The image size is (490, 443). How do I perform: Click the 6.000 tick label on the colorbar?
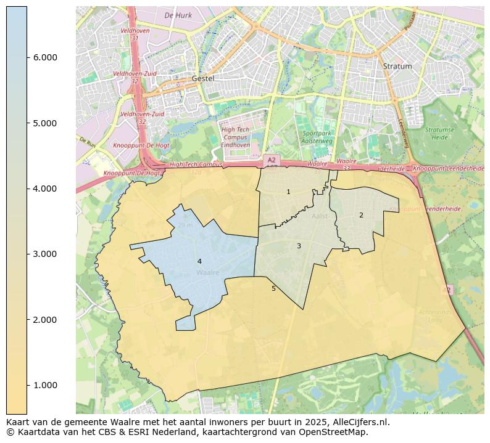click(45, 57)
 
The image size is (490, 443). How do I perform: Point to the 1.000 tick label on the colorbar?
click(45, 385)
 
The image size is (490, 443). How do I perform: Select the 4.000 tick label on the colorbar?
click(45, 189)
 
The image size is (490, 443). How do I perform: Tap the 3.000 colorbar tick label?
click(45, 254)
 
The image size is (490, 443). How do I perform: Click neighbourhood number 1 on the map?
click(288, 192)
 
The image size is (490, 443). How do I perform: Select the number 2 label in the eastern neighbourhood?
click(361, 215)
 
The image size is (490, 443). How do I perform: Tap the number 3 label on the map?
click(299, 246)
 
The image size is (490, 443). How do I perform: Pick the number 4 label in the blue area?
click(199, 262)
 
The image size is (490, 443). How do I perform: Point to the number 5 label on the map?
click(273, 288)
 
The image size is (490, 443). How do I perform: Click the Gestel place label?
click(202, 79)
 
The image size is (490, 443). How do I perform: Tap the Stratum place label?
click(397, 66)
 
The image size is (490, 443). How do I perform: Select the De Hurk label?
click(178, 15)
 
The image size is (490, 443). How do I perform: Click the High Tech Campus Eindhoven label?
click(235, 137)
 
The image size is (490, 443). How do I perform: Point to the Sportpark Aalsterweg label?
click(317, 137)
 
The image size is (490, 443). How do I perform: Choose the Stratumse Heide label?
click(439, 134)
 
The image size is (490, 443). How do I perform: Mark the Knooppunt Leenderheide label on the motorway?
click(449, 169)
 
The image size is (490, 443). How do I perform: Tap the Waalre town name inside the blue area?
click(207, 272)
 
